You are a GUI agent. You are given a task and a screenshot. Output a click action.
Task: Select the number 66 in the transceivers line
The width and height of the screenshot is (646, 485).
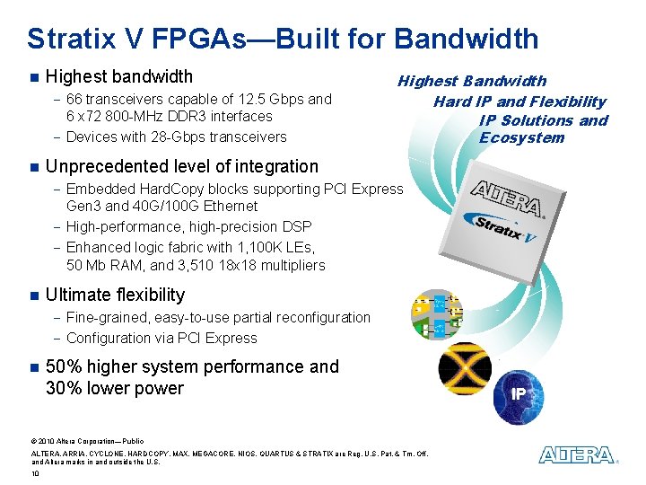click(74, 99)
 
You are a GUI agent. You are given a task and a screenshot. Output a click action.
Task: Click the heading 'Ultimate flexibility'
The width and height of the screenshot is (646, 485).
click(115, 295)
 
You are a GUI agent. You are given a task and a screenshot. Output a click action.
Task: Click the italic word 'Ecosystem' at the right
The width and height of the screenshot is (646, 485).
click(521, 137)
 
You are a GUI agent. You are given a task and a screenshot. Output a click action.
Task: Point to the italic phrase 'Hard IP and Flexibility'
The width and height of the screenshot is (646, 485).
click(519, 101)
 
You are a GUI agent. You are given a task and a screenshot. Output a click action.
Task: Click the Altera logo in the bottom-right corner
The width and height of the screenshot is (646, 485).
click(576, 455)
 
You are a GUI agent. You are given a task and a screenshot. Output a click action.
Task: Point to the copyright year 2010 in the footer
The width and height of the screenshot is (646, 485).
click(45, 441)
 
